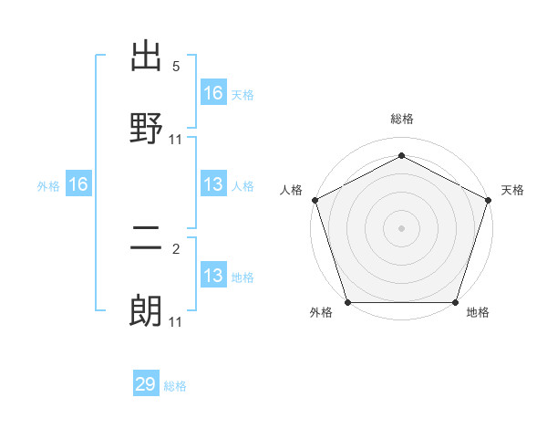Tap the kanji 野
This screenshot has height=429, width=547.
147,128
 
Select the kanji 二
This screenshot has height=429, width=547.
147,240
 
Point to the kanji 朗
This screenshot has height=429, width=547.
147,311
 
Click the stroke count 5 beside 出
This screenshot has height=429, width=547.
176,67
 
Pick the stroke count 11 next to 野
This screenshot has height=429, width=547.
176,139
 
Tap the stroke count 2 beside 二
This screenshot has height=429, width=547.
176,249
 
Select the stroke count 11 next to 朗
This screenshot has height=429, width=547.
176,321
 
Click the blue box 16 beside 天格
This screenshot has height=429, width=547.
213,92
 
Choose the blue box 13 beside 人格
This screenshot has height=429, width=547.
213,184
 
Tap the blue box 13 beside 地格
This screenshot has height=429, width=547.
213,276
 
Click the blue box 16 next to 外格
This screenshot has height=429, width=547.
78,184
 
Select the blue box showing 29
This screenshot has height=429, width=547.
146,384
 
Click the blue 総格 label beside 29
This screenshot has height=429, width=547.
175,386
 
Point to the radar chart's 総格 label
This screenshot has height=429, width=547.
401,119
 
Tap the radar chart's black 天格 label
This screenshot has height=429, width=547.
512,190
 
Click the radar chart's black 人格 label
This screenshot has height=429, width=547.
291,190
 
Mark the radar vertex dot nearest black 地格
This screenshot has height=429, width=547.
456,302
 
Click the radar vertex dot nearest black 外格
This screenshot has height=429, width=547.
347,302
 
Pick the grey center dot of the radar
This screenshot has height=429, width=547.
401,227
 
